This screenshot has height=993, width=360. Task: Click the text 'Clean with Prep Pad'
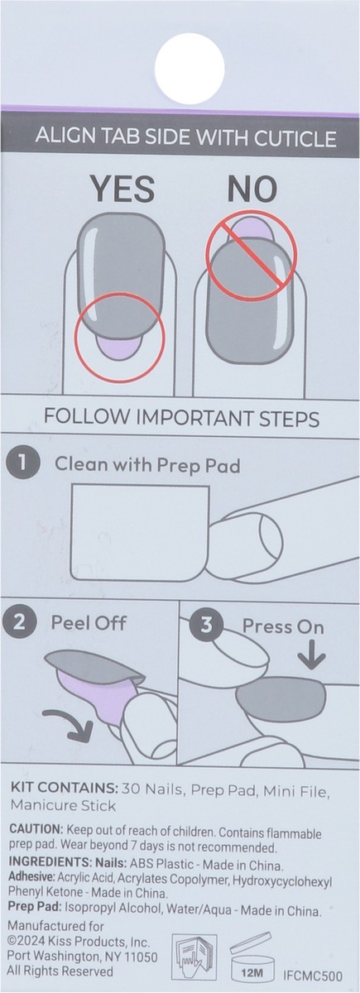[146, 465]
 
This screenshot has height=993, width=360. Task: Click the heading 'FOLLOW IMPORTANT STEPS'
[180, 418]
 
